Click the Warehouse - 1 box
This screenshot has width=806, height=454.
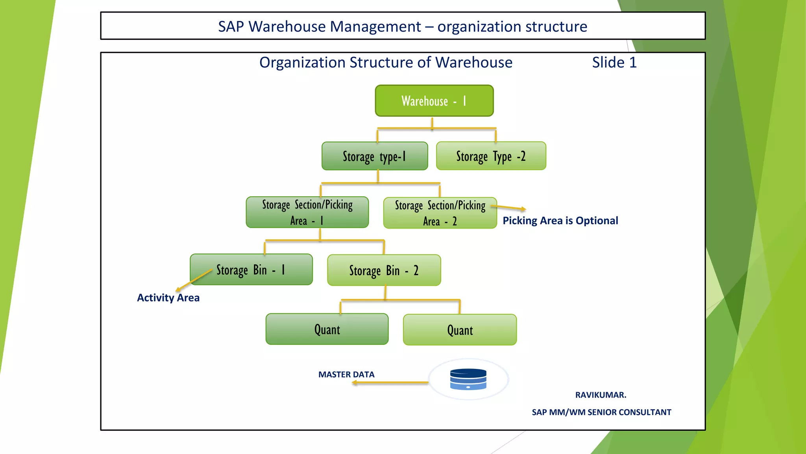tap(434, 101)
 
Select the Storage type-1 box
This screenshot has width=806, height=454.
tap(375, 156)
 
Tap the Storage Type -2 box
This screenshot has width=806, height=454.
tap(491, 156)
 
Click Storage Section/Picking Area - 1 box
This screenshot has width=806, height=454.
tap(307, 212)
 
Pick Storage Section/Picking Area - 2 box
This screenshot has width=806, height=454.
tap(440, 213)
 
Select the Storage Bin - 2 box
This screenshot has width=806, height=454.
tap(384, 270)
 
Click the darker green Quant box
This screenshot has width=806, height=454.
tap(327, 329)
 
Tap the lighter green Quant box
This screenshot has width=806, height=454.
tap(460, 330)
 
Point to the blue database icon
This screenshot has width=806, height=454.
tap(468, 379)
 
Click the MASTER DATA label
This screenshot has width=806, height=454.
tap(346, 374)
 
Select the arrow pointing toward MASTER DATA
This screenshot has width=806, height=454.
tap(390, 382)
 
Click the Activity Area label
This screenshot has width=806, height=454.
tap(168, 298)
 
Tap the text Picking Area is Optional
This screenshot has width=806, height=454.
tap(560, 221)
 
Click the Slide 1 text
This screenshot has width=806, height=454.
tap(614, 62)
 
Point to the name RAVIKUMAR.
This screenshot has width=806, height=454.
tap(601, 395)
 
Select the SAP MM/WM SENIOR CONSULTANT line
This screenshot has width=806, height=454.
tap(601, 412)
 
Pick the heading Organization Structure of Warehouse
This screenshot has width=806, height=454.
tap(386, 62)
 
